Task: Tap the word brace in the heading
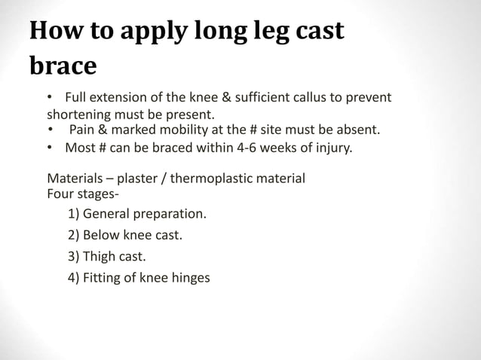click(x=63, y=67)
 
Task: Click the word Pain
click(x=83, y=131)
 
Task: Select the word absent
click(x=357, y=131)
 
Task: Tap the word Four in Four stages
click(x=60, y=193)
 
